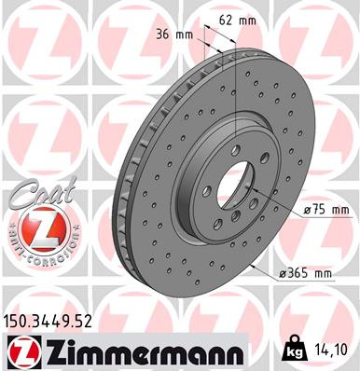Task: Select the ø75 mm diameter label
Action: pyautogui.click(x=305, y=211)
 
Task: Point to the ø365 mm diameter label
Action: pyautogui.click(x=303, y=273)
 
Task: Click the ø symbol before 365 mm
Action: pyautogui.click(x=281, y=273)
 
